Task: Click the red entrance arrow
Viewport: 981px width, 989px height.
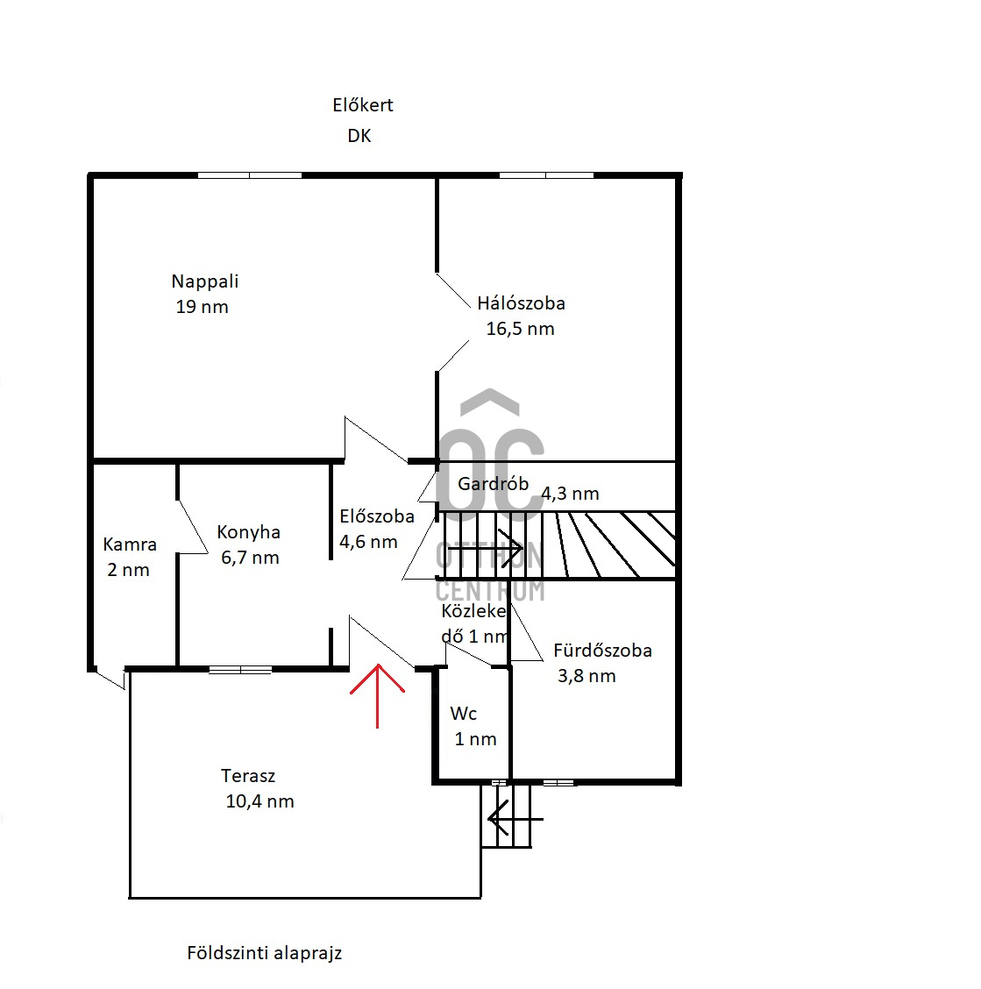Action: [377, 695]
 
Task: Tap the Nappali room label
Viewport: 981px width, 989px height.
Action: [205, 281]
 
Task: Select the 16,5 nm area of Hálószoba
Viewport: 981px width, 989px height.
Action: [521, 329]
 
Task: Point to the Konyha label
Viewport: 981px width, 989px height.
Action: [249, 531]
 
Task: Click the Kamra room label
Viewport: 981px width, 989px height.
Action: [130, 544]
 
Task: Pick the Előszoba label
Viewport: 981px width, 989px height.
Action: [377, 516]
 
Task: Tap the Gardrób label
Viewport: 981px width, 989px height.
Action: [493, 484]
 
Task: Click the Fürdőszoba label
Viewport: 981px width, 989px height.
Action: [602, 651]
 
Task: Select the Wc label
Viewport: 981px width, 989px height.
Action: [464, 714]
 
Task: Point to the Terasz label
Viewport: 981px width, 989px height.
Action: [248, 776]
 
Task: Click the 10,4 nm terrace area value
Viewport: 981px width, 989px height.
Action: [259, 801]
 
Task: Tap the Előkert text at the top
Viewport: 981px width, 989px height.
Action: [363, 104]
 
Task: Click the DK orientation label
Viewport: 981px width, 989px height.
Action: [359, 136]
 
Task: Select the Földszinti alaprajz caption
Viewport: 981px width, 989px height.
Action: [265, 952]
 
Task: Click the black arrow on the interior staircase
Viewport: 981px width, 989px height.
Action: [485, 548]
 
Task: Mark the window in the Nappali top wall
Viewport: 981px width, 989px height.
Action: [250, 174]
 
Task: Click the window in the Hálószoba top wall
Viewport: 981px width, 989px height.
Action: [546, 174]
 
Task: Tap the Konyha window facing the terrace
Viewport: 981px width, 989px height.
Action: [240, 669]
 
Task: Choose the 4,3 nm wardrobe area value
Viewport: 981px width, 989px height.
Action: [571, 494]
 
